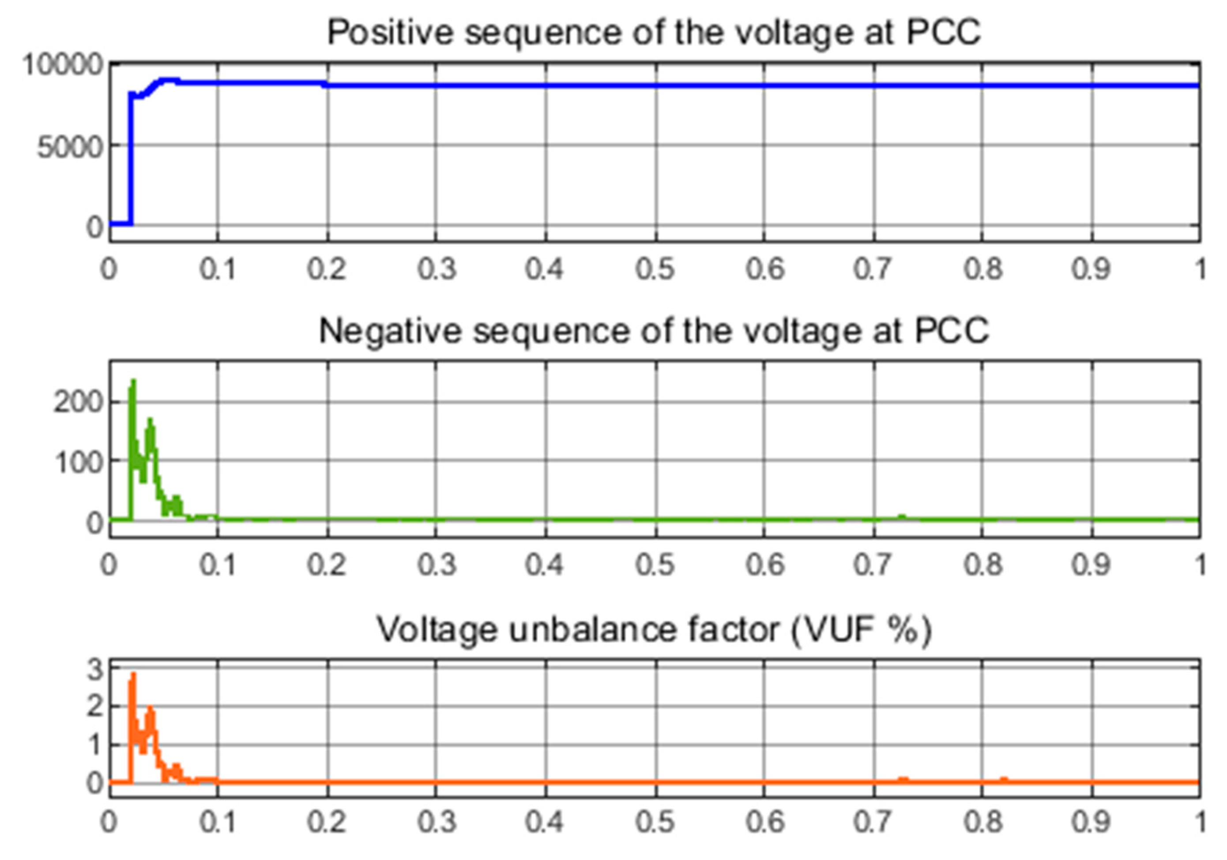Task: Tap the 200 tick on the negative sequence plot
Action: (78, 402)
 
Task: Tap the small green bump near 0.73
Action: (902, 517)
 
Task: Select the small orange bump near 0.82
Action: (1004, 779)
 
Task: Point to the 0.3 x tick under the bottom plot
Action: (437, 822)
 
